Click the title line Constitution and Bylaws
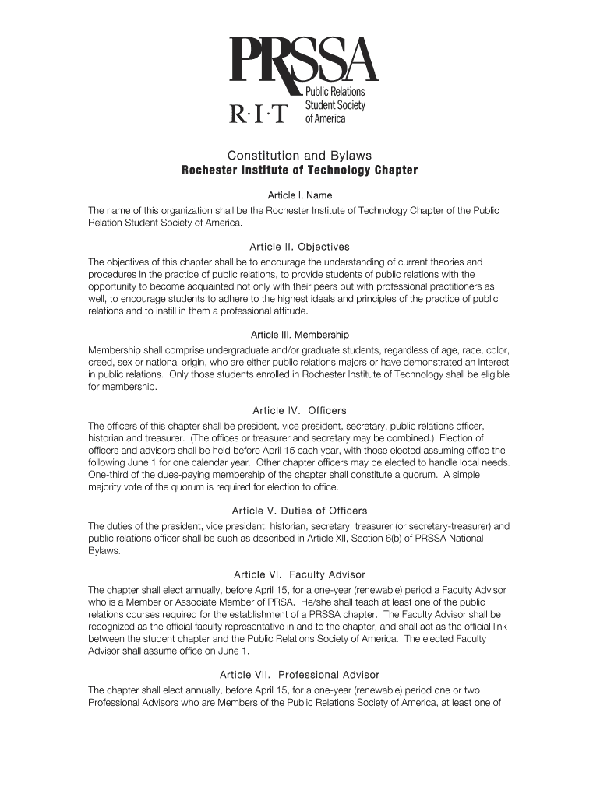pos(299,156)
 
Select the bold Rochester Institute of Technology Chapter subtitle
pos(299,170)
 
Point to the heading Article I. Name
pos(299,195)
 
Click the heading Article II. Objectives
pos(299,247)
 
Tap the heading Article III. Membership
pos(299,335)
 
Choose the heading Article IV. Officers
pos(299,410)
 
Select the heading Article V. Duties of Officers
pos(299,511)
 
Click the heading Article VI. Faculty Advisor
pos(299,574)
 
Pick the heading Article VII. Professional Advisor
pos(299,675)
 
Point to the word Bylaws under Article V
pos(103,551)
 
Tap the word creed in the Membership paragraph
pos(101,363)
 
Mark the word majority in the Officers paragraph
pos(106,487)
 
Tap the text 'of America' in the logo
pos(325,118)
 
